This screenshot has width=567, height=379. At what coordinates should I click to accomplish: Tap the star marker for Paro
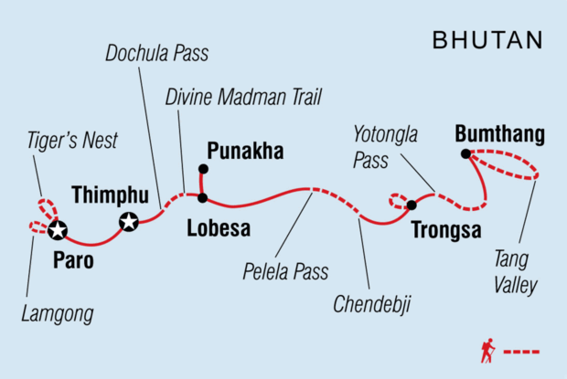point(58,229)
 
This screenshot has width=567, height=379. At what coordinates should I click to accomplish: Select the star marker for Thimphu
point(129,220)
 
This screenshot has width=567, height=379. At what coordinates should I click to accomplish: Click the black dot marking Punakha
point(203,169)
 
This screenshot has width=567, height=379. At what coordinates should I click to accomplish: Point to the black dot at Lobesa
point(203,197)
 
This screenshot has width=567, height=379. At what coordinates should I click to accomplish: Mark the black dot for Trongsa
point(412,205)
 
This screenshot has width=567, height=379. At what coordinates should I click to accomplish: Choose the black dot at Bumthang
point(465,153)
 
